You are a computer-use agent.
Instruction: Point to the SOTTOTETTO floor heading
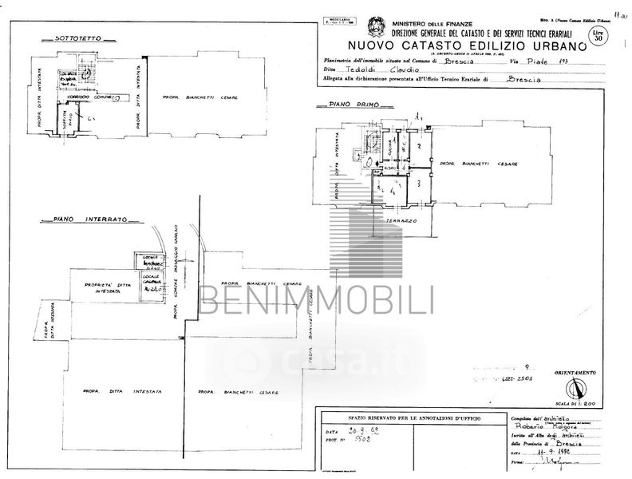pyautogui.click(x=74, y=38)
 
